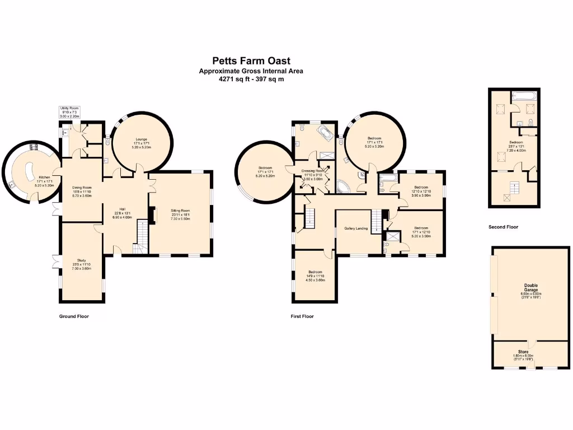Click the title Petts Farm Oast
251,60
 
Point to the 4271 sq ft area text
251,79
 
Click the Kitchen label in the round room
44,177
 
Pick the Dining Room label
82,188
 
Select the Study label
81,260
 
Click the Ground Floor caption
74,316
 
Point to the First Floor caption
302,316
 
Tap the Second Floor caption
503,227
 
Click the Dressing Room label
313,171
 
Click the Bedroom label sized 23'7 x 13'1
516,143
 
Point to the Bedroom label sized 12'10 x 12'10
421,188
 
